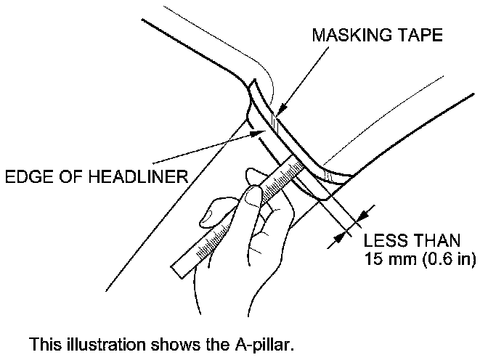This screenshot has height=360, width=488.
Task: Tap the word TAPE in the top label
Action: point(416,36)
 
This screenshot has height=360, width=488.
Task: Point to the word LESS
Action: point(384,240)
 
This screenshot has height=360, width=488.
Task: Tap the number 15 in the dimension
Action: point(373,258)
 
